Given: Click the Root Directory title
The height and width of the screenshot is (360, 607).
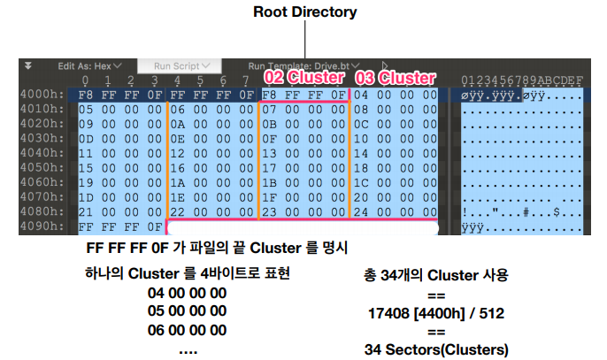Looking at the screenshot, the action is point(304,12).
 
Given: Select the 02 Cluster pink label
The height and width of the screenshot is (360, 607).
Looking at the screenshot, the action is point(304,79).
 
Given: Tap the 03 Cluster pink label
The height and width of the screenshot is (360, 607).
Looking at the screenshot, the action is point(395,79).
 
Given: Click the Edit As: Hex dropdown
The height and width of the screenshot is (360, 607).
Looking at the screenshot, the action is point(89,65).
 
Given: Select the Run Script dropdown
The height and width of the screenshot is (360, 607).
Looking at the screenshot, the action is point(181,65).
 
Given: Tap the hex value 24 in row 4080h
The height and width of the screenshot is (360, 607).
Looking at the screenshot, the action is point(362,211).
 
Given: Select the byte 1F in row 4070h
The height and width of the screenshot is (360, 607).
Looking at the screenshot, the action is point(270,196).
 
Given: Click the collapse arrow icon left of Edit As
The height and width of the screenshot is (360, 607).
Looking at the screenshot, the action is point(28,65).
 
